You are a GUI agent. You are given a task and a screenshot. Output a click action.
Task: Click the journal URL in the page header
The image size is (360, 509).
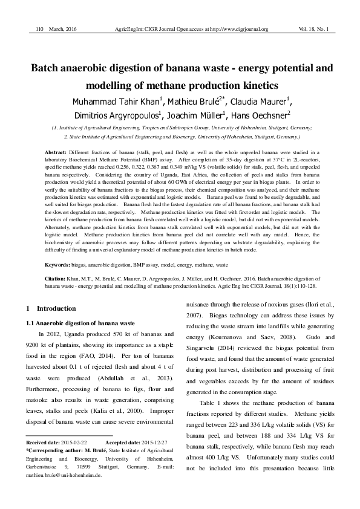point(257,28)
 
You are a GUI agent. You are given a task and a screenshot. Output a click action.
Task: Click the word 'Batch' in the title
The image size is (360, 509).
point(48,68)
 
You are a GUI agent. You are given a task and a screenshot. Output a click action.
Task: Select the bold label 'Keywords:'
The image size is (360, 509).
point(59,265)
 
